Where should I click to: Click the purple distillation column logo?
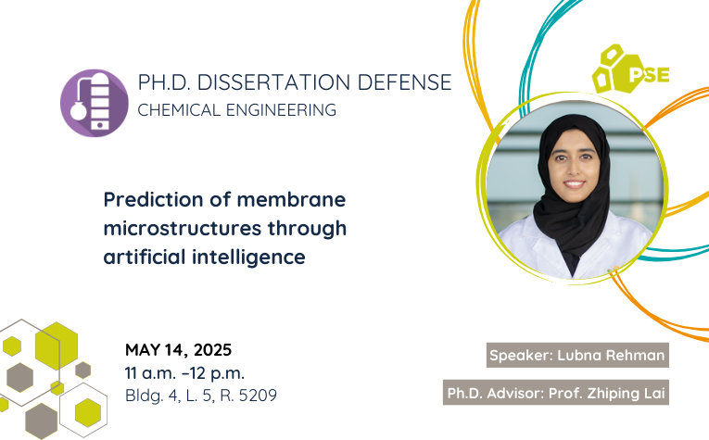click(x=94, y=103)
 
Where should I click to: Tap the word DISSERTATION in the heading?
click(x=273, y=82)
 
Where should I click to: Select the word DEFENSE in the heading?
click(x=404, y=82)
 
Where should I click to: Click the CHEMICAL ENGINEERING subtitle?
click(x=236, y=110)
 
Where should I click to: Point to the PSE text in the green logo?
click(x=649, y=74)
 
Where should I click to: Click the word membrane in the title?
click(x=291, y=199)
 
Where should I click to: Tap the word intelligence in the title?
click(x=248, y=257)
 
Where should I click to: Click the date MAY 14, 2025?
click(x=179, y=349)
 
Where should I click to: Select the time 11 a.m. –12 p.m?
click(x=184, y=372)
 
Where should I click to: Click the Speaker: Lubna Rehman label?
click(x=577, y=355)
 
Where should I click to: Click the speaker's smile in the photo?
click(x=575, y=183)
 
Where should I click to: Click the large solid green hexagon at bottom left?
click(x=57, y=346)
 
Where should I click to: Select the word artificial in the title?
click(x=145, y=257)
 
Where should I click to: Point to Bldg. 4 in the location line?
click(x=151, y=396)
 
